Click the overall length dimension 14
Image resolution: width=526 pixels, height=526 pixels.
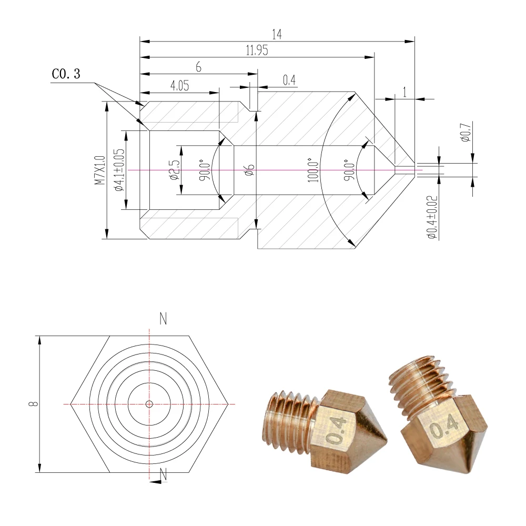[277, 34]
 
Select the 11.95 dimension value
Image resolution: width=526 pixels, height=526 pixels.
[257, 50]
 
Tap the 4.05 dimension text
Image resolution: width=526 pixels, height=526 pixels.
[180, 86]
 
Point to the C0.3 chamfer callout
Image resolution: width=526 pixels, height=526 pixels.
[66, 74]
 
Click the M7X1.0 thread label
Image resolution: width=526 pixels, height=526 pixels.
[99, 170]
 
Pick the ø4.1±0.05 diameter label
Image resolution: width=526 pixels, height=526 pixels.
[119, 170]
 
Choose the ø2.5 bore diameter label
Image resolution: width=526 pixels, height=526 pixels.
[175, 170]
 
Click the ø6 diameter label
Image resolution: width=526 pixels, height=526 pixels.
[250, 170]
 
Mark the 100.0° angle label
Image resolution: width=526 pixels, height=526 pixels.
[313, 170]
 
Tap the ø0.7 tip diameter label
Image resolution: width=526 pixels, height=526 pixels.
[466, 132]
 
